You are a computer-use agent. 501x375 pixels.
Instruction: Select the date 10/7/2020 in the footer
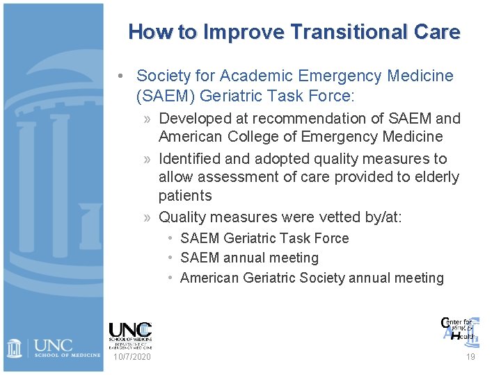[132, 357]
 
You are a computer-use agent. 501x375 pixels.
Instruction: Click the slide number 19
[470, 357]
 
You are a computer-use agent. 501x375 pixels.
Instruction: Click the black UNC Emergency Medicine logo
[130, 335]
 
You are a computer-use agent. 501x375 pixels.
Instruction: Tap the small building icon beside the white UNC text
[15, 347]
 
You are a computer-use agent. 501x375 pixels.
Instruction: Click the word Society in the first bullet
[162, 76]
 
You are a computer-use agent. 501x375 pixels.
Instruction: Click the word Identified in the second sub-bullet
[193, 159]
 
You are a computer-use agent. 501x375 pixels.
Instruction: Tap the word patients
[185, 195]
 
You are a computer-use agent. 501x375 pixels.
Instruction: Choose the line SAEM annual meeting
[249, 258]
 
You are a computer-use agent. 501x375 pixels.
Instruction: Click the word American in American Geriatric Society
[210, 278]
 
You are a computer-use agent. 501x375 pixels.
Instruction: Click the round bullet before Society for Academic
[121, 76]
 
